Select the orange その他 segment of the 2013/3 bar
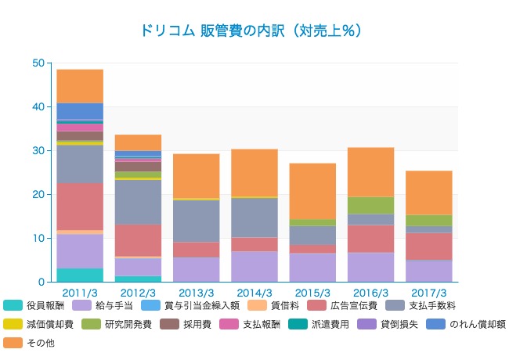coord(196,175)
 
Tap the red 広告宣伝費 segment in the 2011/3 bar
coord(80,207)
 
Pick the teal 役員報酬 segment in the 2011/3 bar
coord(80,275)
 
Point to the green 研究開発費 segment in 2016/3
coord(370,205)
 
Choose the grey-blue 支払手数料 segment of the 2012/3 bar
coord(138,202)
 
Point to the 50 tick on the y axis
coord(38,63)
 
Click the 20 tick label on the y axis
coord(38,194)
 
